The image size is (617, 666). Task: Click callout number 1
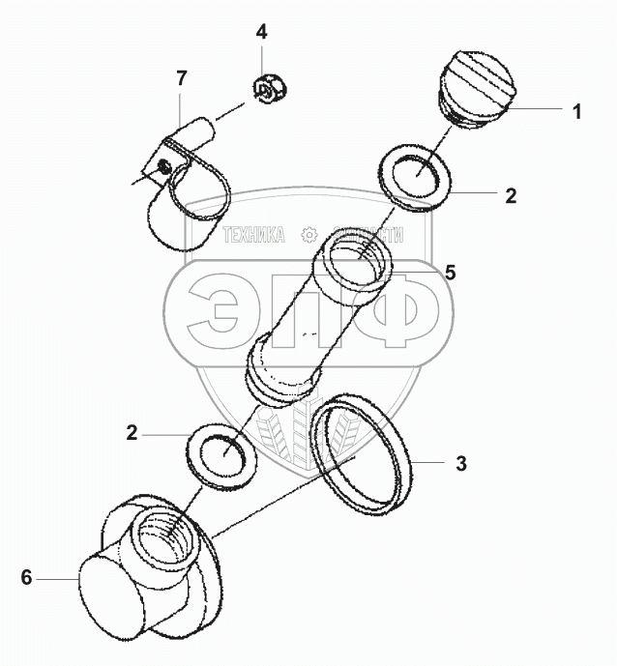tap(576, 112)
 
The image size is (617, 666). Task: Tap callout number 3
tap(461, 463)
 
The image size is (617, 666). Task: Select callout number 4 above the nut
tap(261, 32)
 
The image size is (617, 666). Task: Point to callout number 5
tap(450, 272)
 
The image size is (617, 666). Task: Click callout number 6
tap(26, 578)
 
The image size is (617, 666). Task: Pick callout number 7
tap(180, 78)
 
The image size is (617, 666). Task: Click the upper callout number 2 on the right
tap(512, 195)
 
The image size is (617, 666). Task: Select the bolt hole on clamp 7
tap(165, 167)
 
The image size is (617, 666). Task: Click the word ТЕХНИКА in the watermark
tap(253, 236)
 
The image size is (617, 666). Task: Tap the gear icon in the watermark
tap(310, 236)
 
